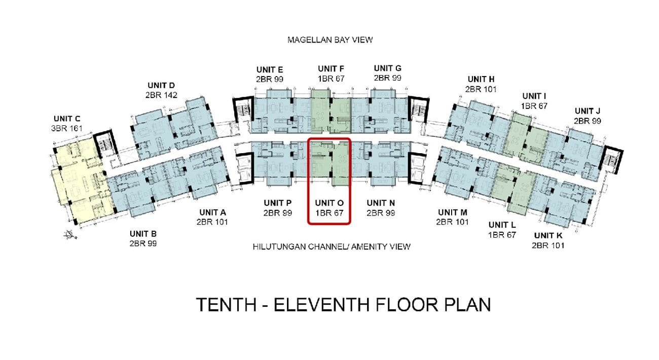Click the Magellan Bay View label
coord(330,40)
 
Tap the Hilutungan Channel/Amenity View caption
coord(332,246)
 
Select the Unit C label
coord(67,119)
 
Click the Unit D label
coord(161,85)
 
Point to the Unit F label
coord(331,69)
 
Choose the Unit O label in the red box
coord(329,203)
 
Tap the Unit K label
coord(548,235)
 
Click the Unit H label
coord(481,79)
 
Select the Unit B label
coord(143,234)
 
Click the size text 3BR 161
coord(67,128)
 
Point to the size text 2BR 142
coord(161,95)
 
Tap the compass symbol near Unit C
coord(70,235)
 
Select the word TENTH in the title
coord(226,305)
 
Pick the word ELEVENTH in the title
coord(321,305)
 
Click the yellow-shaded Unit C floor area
coord(81,179)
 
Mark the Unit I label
coord(534,96)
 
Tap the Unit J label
coord(587,111)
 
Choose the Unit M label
coord(453,212)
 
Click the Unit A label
coord(212,212)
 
